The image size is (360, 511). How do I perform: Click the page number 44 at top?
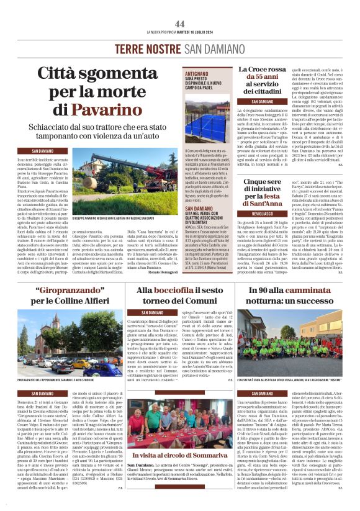[180, 24]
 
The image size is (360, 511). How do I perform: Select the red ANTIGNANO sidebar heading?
[197, 73]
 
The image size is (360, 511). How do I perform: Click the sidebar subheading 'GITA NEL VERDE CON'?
[201, 216]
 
